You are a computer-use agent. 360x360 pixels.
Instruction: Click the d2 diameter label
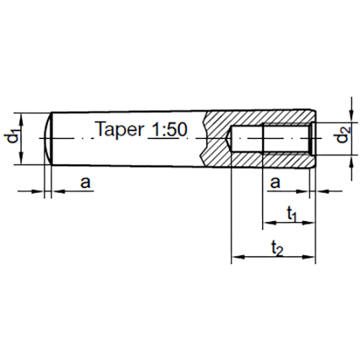click(344, 135)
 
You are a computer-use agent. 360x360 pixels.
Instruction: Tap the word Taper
click(120, 130)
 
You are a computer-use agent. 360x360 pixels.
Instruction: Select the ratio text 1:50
click(170, 130)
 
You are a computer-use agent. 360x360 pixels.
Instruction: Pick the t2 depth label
click(276, 248)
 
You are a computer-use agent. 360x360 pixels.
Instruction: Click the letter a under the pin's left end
click(85, 184)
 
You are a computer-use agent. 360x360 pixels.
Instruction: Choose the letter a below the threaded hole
click(274, 184)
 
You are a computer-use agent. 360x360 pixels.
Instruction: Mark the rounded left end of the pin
click(48, 137)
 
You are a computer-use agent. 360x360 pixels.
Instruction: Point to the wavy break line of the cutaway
click(207, 137)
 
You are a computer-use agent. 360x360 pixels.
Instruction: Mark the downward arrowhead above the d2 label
click(351, 116)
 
